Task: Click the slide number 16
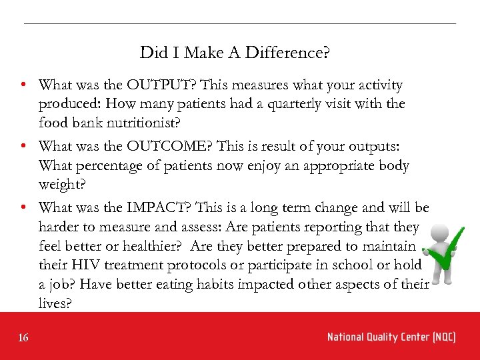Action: coord(23,338)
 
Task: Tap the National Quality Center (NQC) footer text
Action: coord(391,337)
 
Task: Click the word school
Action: coord(353,265)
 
